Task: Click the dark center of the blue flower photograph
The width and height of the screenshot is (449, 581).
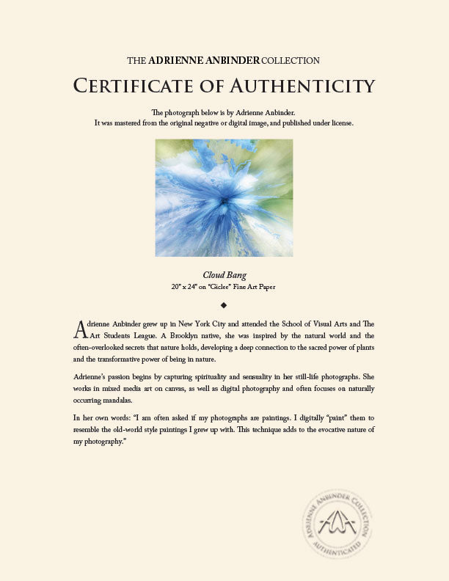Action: [x=224, y=200]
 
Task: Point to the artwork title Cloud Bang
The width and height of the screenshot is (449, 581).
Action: [x=224, y=275]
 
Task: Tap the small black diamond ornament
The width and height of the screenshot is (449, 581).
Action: [x=224, y=304]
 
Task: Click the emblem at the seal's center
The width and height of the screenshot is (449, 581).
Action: [x=346, y=522]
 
